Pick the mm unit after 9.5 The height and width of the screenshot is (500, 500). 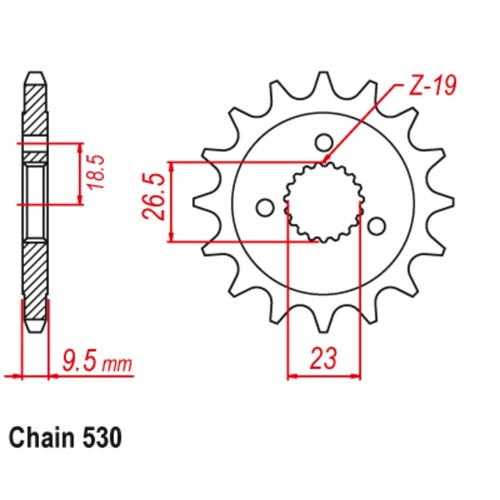[118, 358]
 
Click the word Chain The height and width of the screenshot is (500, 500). [43, 438]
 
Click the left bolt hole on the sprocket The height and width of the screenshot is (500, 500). [265, 208]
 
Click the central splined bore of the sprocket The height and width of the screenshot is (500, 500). [321, 201]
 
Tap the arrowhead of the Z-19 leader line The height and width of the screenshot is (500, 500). [328, 159]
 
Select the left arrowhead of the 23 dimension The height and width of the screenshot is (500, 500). [292, 377]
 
